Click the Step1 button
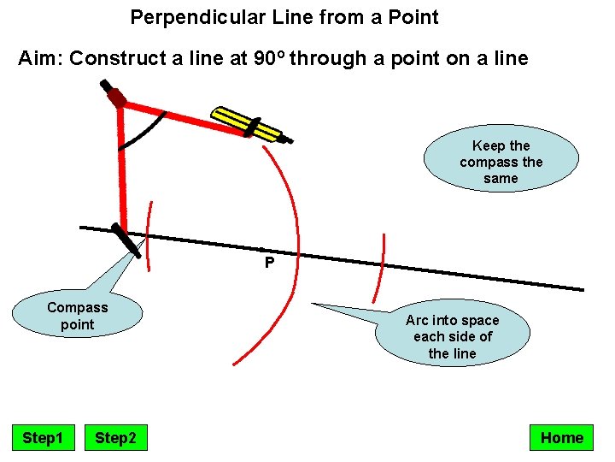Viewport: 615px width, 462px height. tap(43, 438)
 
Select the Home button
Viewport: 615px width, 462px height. tap(561, 438)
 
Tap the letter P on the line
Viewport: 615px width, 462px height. tap(269, 263)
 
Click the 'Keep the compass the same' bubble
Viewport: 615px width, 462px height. tap(501, 162)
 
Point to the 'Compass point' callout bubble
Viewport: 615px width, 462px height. tap(77, 315)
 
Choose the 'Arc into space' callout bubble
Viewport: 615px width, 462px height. tap(452, 336)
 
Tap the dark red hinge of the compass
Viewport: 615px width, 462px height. tap(117, 98)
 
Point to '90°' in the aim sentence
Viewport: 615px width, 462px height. tap(272, 59)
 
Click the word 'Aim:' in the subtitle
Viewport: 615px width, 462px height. tap(40, 59)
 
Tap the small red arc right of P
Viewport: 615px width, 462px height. tap(380, 268)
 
